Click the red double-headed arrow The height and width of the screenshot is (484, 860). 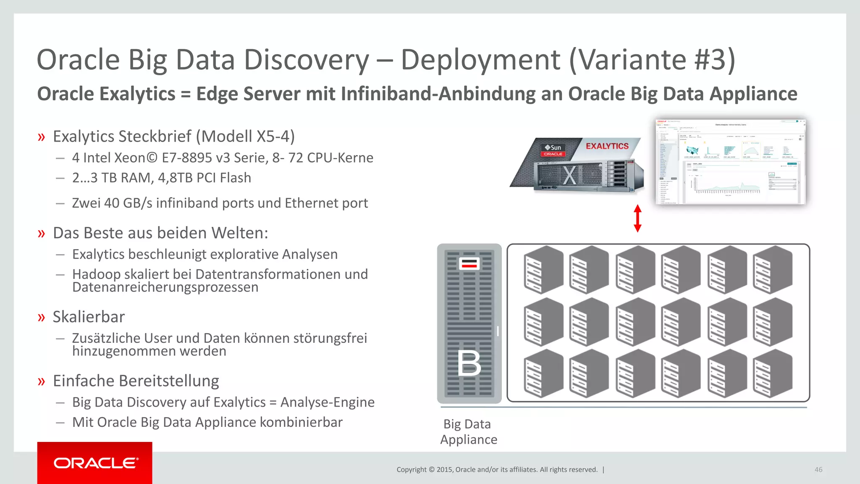tap(637, 218)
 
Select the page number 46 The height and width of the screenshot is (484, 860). tap(818, 470)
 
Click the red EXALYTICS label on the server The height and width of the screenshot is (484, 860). tap(607, 146)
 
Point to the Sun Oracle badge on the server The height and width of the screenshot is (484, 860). tap(553, 150)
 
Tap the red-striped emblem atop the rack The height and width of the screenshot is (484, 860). tap(469, 264)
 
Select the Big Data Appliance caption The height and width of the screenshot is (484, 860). tap(468, 432)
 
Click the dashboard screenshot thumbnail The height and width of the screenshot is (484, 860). tap(731, 162)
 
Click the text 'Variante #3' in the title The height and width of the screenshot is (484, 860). tap(652, 60)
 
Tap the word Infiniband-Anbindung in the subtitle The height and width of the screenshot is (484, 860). tap(438, 94)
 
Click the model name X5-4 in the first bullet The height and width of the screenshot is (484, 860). tap(273, 137)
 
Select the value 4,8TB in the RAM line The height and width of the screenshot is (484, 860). tap(175, 178)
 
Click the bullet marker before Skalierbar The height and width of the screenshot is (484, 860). tap(41, 317)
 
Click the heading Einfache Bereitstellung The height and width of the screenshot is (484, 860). tap(136, 381)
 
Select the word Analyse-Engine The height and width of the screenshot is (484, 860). tap(328, 402)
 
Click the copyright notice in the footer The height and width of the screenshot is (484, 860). tap(497, 470)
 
